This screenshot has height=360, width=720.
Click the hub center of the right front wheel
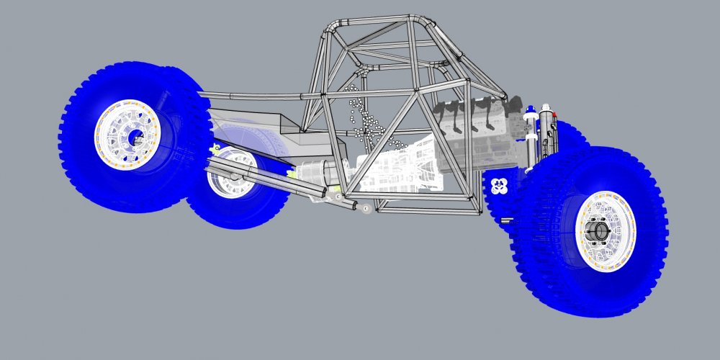coord(597,231)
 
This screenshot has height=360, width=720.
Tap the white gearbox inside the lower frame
coord(403,169)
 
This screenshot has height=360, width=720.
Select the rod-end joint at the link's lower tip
coord(366,209)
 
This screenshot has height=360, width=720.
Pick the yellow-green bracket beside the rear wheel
coord(214,150)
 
